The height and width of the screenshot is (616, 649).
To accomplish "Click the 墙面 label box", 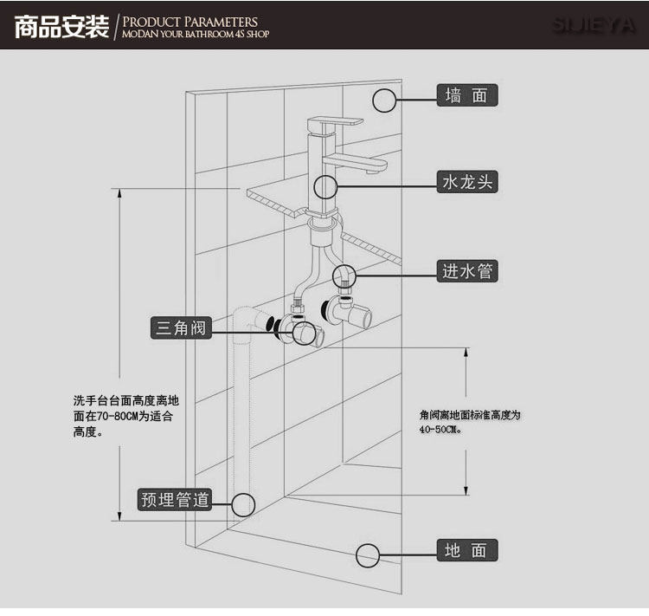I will [467, 95].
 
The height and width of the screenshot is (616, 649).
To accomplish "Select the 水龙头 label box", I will [467, 182].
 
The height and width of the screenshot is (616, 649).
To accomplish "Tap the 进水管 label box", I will [467, 271].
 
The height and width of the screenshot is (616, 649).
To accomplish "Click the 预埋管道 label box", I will [175, 500].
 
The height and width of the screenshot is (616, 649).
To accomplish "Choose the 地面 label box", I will [467, 550].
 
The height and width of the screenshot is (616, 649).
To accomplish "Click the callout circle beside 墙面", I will [385, 100].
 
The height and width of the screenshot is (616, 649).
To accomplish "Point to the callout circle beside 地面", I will [369, 554].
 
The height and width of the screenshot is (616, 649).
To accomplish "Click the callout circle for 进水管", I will [344, 276].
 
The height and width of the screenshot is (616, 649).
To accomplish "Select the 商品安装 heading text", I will [60, 27].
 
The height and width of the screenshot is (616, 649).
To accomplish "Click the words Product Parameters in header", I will [190, 21].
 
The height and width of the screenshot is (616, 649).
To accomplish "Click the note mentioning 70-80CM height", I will [125, 416].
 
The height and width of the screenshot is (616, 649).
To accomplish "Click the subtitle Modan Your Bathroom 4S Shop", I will [196, 35].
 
